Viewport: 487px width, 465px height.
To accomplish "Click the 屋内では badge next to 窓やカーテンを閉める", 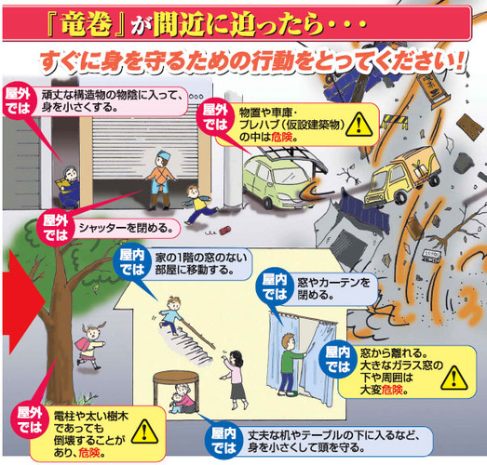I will pyautogui.click(x=275, y=288).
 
